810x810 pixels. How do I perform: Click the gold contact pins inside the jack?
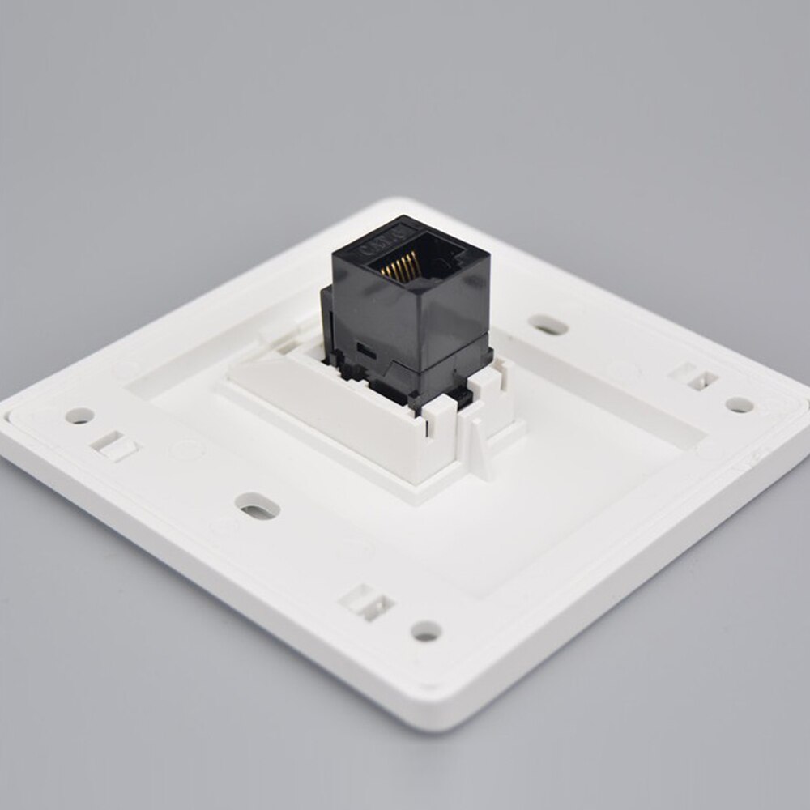(x=400, y=265)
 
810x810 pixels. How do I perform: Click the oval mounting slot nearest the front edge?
(x=258, y=507)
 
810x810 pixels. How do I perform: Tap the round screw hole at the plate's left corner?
(x=79, y=416)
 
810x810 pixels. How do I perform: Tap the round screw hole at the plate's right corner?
(x=738, y=403)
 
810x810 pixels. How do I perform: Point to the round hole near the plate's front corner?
(x=426, y=630)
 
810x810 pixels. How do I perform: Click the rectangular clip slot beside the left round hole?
(x=113, y=444)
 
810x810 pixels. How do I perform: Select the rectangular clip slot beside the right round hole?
(x=694, y=377)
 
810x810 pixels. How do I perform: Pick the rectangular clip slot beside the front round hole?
(x=367, y=602)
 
